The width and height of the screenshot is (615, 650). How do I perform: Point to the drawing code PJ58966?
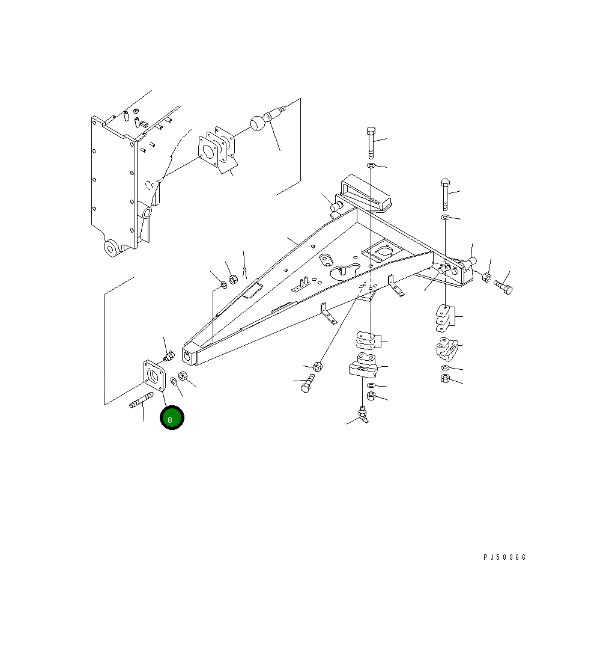504,557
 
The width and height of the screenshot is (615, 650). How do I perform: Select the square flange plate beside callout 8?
154,378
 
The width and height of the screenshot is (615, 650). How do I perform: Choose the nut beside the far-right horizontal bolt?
487,277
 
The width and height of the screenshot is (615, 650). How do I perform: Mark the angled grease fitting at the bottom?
362,414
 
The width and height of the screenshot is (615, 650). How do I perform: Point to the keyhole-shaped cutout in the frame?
345,270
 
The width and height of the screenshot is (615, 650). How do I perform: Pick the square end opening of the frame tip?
190,356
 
